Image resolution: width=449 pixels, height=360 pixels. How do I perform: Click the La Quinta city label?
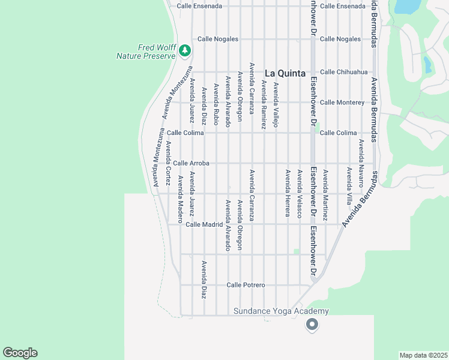point(285,73)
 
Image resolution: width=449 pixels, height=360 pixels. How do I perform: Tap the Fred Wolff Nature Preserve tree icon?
point(185,50)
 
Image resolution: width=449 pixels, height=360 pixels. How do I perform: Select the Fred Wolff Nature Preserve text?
point(146,52)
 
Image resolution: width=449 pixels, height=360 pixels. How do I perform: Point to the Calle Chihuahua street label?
point(343,72)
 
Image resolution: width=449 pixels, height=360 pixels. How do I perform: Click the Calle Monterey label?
point(342,103)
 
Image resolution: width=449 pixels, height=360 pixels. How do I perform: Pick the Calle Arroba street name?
point(191,163)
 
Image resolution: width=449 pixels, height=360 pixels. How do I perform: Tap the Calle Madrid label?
point(204,224)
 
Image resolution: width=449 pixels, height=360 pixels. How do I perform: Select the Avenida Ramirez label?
point(264,106)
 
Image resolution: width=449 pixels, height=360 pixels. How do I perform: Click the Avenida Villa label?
point(349,186)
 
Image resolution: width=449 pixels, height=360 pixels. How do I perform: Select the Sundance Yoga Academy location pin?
point(312,325)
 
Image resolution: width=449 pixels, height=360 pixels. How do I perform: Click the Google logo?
point(20,353)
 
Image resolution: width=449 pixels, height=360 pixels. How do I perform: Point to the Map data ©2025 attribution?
point(423,355)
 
